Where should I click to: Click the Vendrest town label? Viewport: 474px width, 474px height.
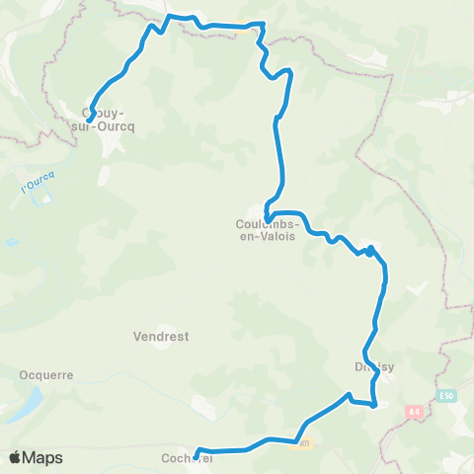(x=160, y=336)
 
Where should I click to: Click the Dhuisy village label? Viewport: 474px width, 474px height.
(x=374, y=366)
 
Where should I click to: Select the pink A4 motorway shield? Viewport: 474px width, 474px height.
(x=412, y=410)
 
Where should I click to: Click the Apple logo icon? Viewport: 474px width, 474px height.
(x=16, y=457)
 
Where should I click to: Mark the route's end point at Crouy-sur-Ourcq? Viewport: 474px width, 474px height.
(x=90, y=118)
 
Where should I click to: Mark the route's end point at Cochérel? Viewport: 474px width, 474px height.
(x=197, y=454)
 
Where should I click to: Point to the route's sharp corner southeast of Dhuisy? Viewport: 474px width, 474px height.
(x=376, y=404)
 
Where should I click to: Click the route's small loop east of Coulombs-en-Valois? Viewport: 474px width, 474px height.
(x=369, y=251)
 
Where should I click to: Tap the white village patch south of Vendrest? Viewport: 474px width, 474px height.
(x=202, y=405)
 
